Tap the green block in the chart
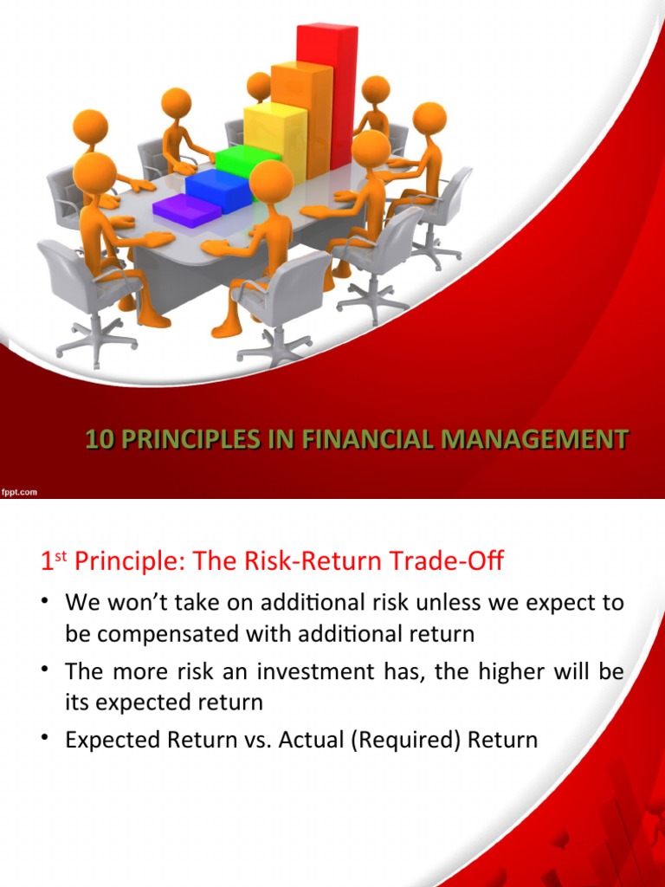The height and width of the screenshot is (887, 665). [x=247, y=160]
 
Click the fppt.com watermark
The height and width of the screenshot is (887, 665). [x=19, y=492]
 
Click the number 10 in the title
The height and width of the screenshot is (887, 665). [x=99, y=440]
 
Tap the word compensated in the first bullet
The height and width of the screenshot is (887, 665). [x=174, y=634]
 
